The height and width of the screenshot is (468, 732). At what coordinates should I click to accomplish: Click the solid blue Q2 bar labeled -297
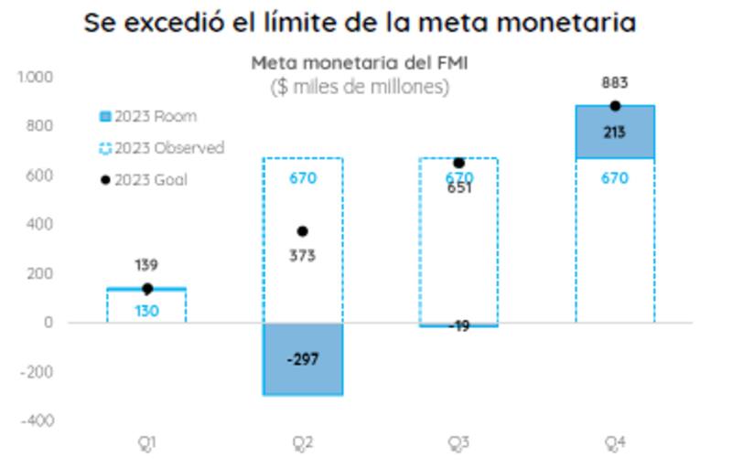tap(303, 359)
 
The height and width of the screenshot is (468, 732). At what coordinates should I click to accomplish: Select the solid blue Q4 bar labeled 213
tap(615, 132)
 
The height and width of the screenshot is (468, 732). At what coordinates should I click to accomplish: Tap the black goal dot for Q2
tap(303, 231)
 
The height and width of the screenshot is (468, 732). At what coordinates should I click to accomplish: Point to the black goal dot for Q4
tap(615, 106)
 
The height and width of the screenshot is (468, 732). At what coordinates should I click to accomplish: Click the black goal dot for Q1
tap(146, 289)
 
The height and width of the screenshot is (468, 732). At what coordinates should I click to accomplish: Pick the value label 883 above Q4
tap(615, 83)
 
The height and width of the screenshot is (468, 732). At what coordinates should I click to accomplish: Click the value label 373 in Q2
tap(303, 256)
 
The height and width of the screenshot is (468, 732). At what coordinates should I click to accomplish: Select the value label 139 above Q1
tap(146, 265)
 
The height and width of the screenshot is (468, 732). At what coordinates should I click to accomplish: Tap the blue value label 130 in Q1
tap(146, 311)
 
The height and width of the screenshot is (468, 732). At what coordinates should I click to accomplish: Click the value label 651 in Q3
tap(459, 189)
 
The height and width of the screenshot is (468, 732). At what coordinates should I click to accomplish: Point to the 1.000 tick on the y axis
tap(36, 77)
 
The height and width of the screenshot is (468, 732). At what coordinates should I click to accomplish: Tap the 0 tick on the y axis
tap(48, 323)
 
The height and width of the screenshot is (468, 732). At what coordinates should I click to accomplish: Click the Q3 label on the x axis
tap(459, 443)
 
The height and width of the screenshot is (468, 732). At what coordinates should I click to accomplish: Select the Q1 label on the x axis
tap(146, 443)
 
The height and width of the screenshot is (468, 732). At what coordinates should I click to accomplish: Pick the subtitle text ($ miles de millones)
tap(360, 87)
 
